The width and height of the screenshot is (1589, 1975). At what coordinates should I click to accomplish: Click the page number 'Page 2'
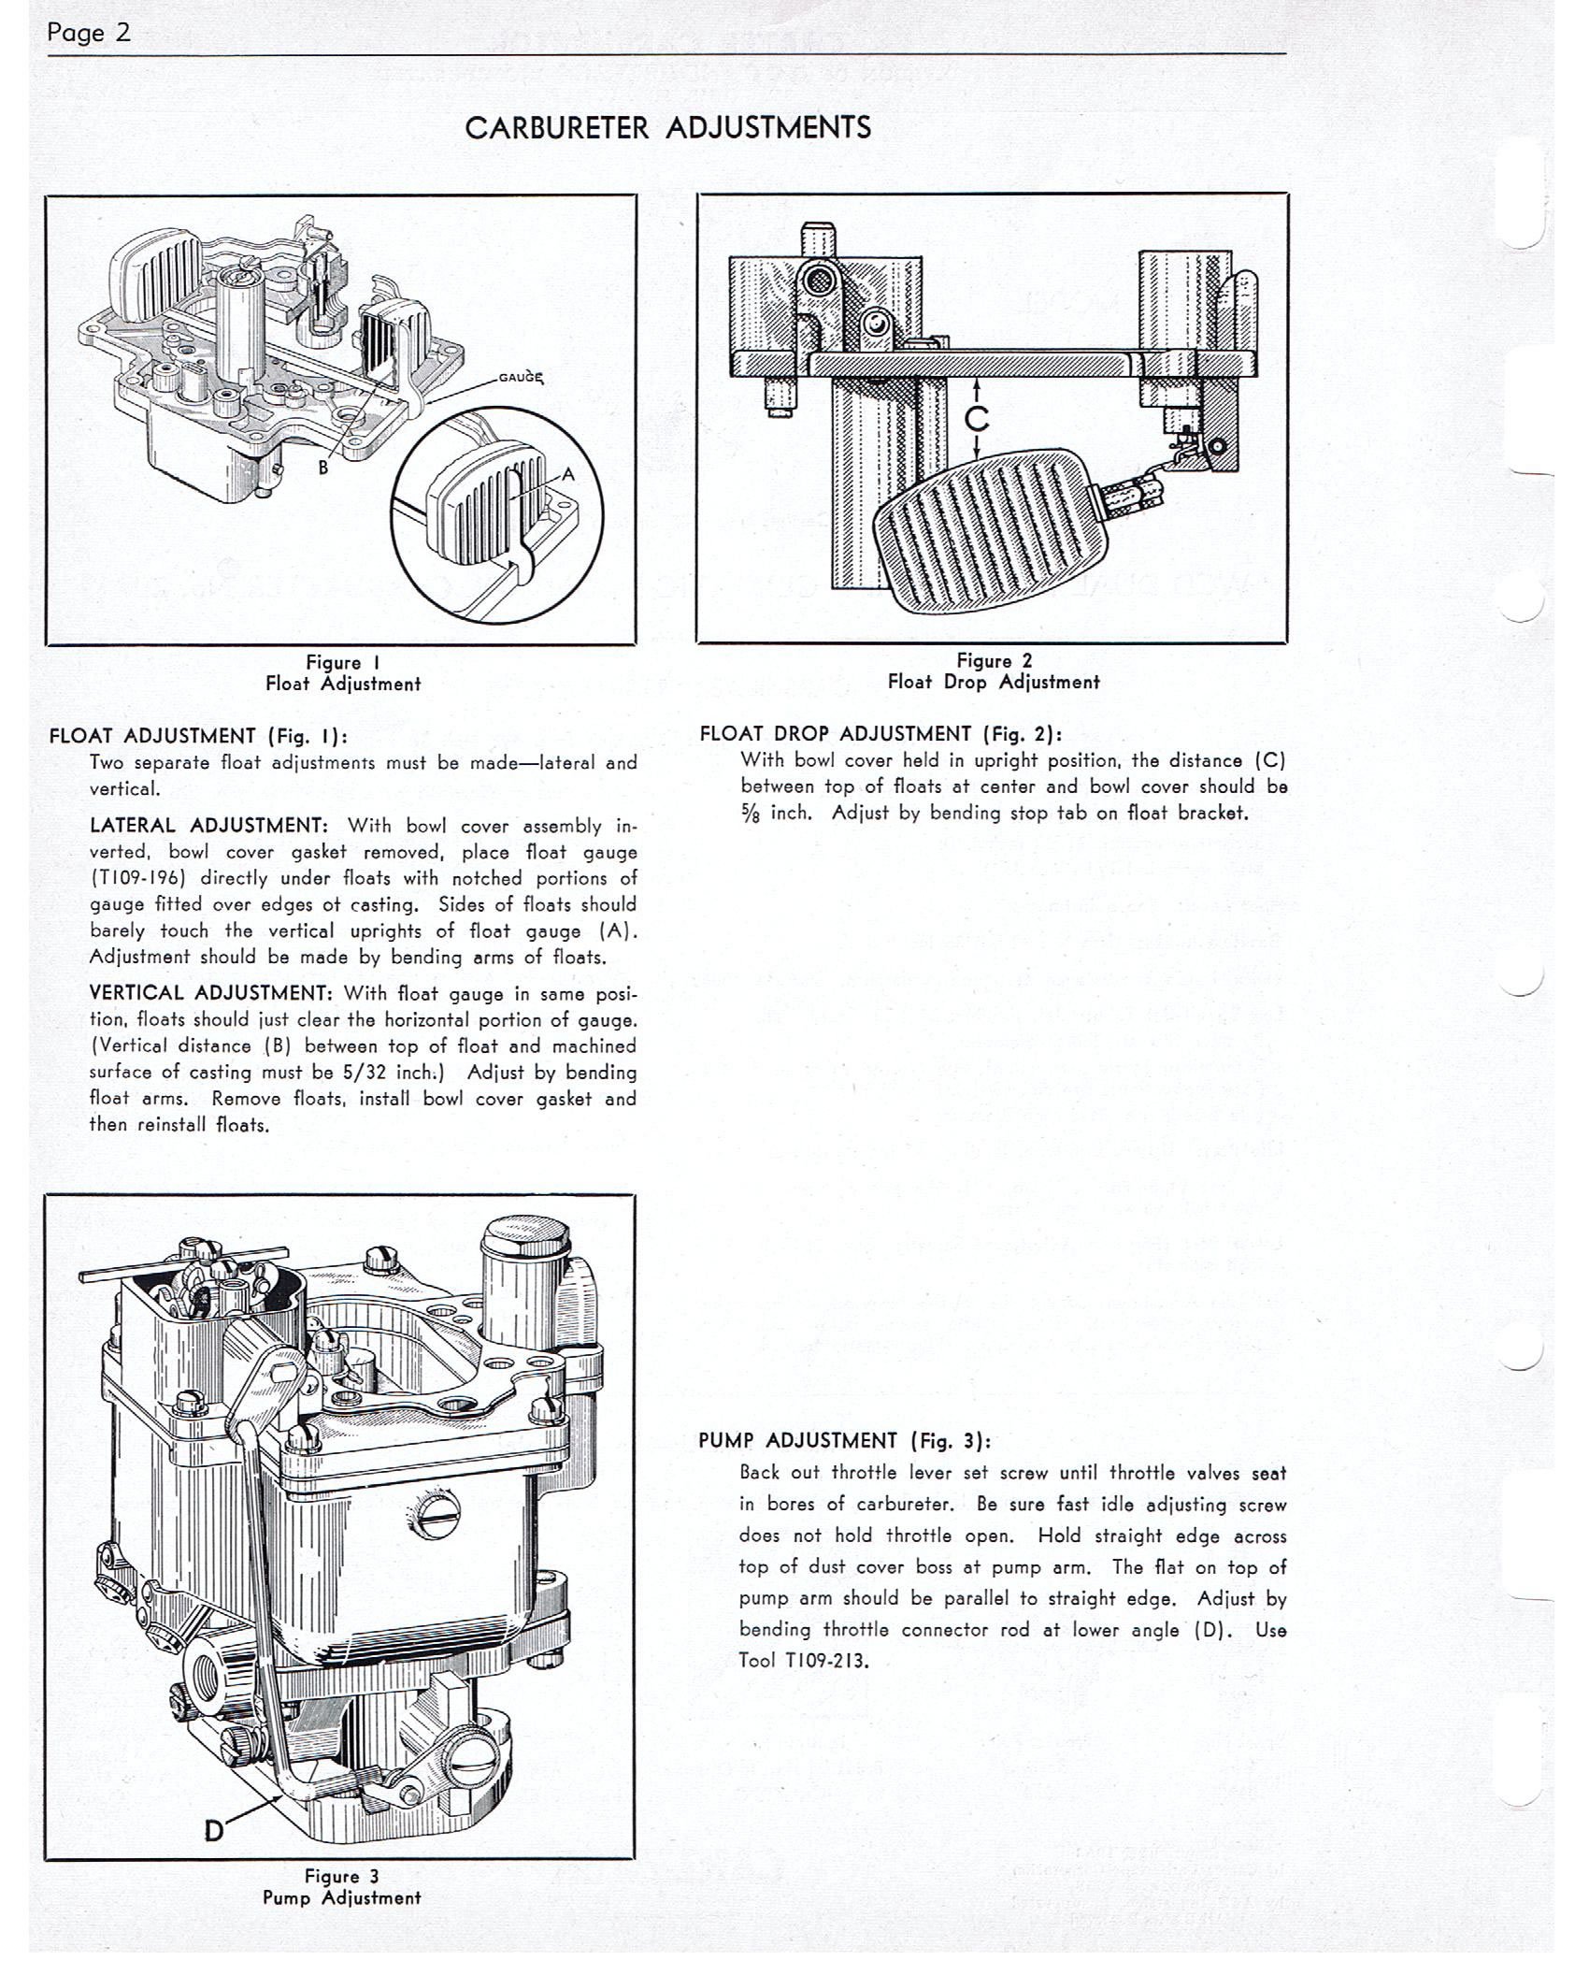(89, 34)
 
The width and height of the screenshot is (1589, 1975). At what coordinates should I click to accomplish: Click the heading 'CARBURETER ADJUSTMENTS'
(667, 128)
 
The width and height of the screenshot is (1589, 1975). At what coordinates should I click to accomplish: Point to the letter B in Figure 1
(323, 467)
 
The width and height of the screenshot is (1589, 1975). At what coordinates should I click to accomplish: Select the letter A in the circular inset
(567, 475)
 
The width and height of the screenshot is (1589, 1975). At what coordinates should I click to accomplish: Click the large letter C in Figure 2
(977, 418)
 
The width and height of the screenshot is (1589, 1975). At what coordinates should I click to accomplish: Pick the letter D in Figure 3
(215, 1829)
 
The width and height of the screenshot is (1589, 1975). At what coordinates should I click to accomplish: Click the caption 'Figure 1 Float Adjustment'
(342, 673)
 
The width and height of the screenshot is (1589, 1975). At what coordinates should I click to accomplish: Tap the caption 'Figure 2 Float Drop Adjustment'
(993, 671)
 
